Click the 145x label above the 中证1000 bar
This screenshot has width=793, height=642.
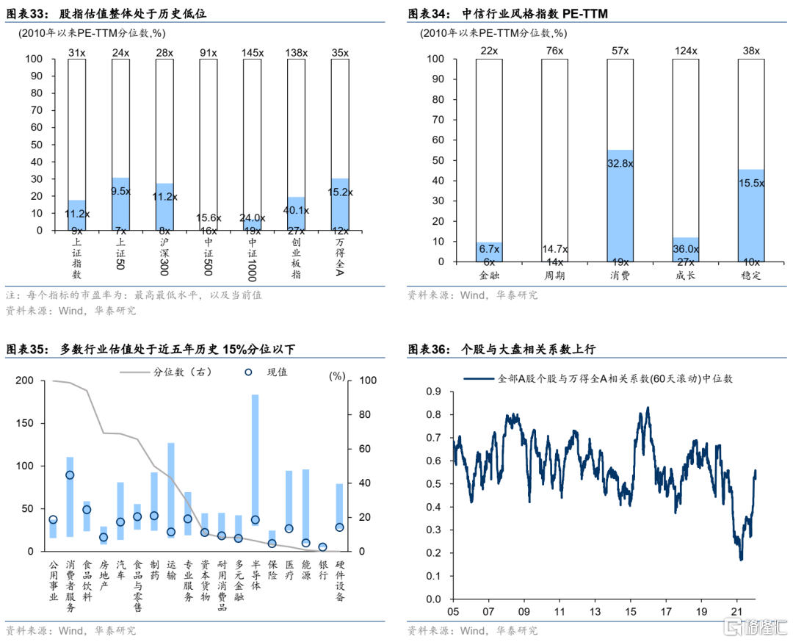253,52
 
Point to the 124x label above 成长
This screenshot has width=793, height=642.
685,51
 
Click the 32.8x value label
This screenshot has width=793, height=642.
620,165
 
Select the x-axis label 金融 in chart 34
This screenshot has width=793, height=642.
489,275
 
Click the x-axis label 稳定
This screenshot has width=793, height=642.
751,275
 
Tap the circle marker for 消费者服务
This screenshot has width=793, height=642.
70,475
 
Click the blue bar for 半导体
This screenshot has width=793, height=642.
255,470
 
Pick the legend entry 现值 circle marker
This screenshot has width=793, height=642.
248,372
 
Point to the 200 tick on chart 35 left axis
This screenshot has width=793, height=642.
24,380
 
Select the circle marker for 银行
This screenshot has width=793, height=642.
322,547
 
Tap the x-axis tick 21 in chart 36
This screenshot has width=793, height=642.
737,612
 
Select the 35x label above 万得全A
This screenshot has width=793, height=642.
340,52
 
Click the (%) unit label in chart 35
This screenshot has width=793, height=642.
337,375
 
